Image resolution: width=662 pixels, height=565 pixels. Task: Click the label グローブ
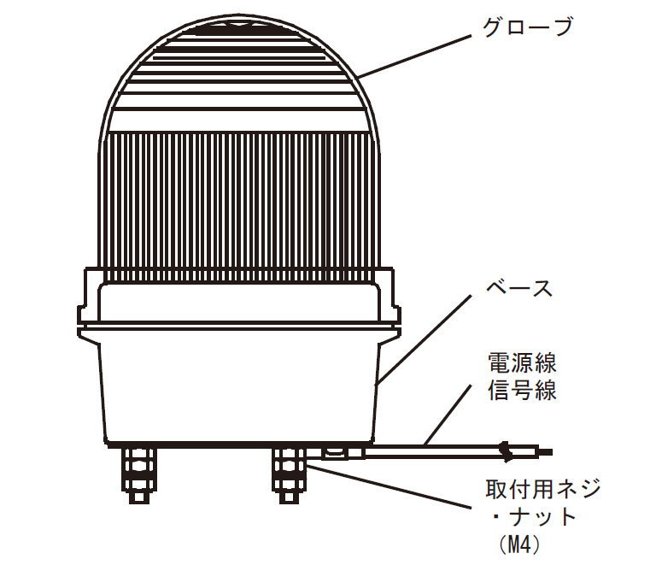[528, 26]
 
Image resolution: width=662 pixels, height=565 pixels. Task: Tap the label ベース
[519, 288]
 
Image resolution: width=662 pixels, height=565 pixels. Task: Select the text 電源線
[522, 363]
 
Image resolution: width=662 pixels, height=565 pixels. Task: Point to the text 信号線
[522, 390]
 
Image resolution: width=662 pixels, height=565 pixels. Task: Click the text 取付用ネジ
[543, 490]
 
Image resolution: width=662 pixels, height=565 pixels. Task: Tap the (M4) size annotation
[518, 544]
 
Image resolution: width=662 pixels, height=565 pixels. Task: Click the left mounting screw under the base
[138, 475]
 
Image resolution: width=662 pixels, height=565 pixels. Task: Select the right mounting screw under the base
[290, 475]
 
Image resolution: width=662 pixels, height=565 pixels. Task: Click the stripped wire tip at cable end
[545, 452]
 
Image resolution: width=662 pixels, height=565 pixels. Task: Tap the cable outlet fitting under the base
[343, 453]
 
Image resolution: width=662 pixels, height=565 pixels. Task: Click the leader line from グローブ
[414, 56]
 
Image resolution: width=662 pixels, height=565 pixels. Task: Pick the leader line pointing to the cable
[448, 415]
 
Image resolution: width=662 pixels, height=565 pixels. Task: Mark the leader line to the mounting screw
[389, 486]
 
